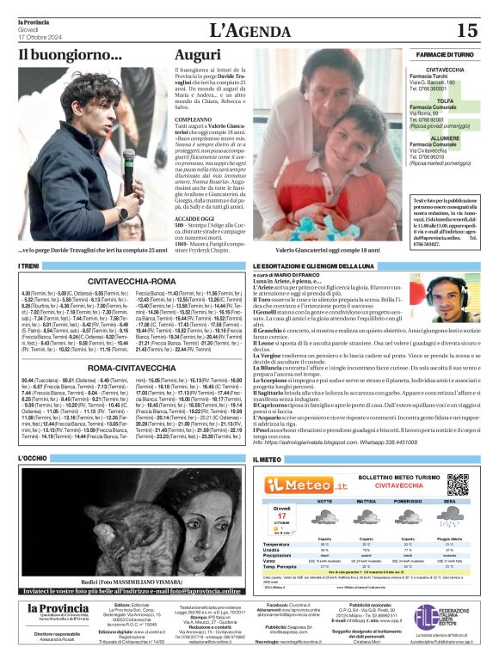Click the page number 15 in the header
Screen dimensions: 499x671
click(x=466, y=31)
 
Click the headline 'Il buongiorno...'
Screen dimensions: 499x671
click(x=71, y=55)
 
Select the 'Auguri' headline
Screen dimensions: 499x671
click(x=197, y=55)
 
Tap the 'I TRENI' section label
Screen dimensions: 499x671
click(x=28, y=266)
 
